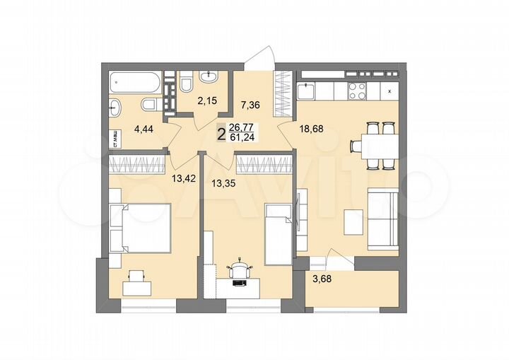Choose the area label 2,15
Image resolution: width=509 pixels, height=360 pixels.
pyautogui.click(x=207, y=101)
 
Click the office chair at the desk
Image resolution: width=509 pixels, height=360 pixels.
pyautogui.click(x=241, y=269)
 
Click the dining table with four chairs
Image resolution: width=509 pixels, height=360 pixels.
pyautogui.click(x=373, y=146)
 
